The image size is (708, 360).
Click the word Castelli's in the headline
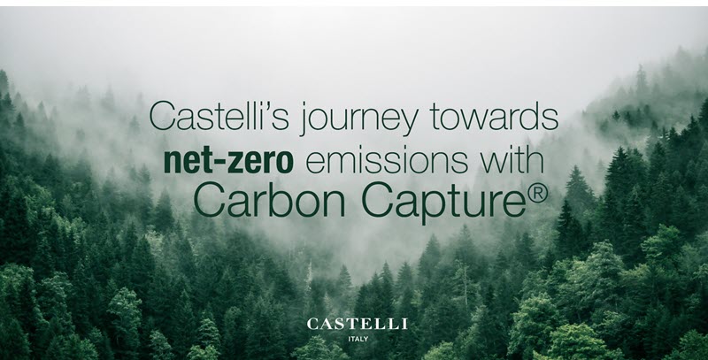219,116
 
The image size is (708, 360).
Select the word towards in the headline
494,116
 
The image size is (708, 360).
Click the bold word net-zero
228,161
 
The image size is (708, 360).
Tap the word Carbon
270,200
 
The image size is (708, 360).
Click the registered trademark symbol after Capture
537,193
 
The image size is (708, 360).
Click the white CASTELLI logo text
357,324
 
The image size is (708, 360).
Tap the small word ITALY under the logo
358,339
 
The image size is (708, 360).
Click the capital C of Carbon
209,200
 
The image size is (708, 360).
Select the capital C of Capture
378,200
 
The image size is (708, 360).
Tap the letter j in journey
304,119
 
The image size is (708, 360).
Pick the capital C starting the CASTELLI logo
312,324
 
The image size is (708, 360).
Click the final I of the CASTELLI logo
405,324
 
